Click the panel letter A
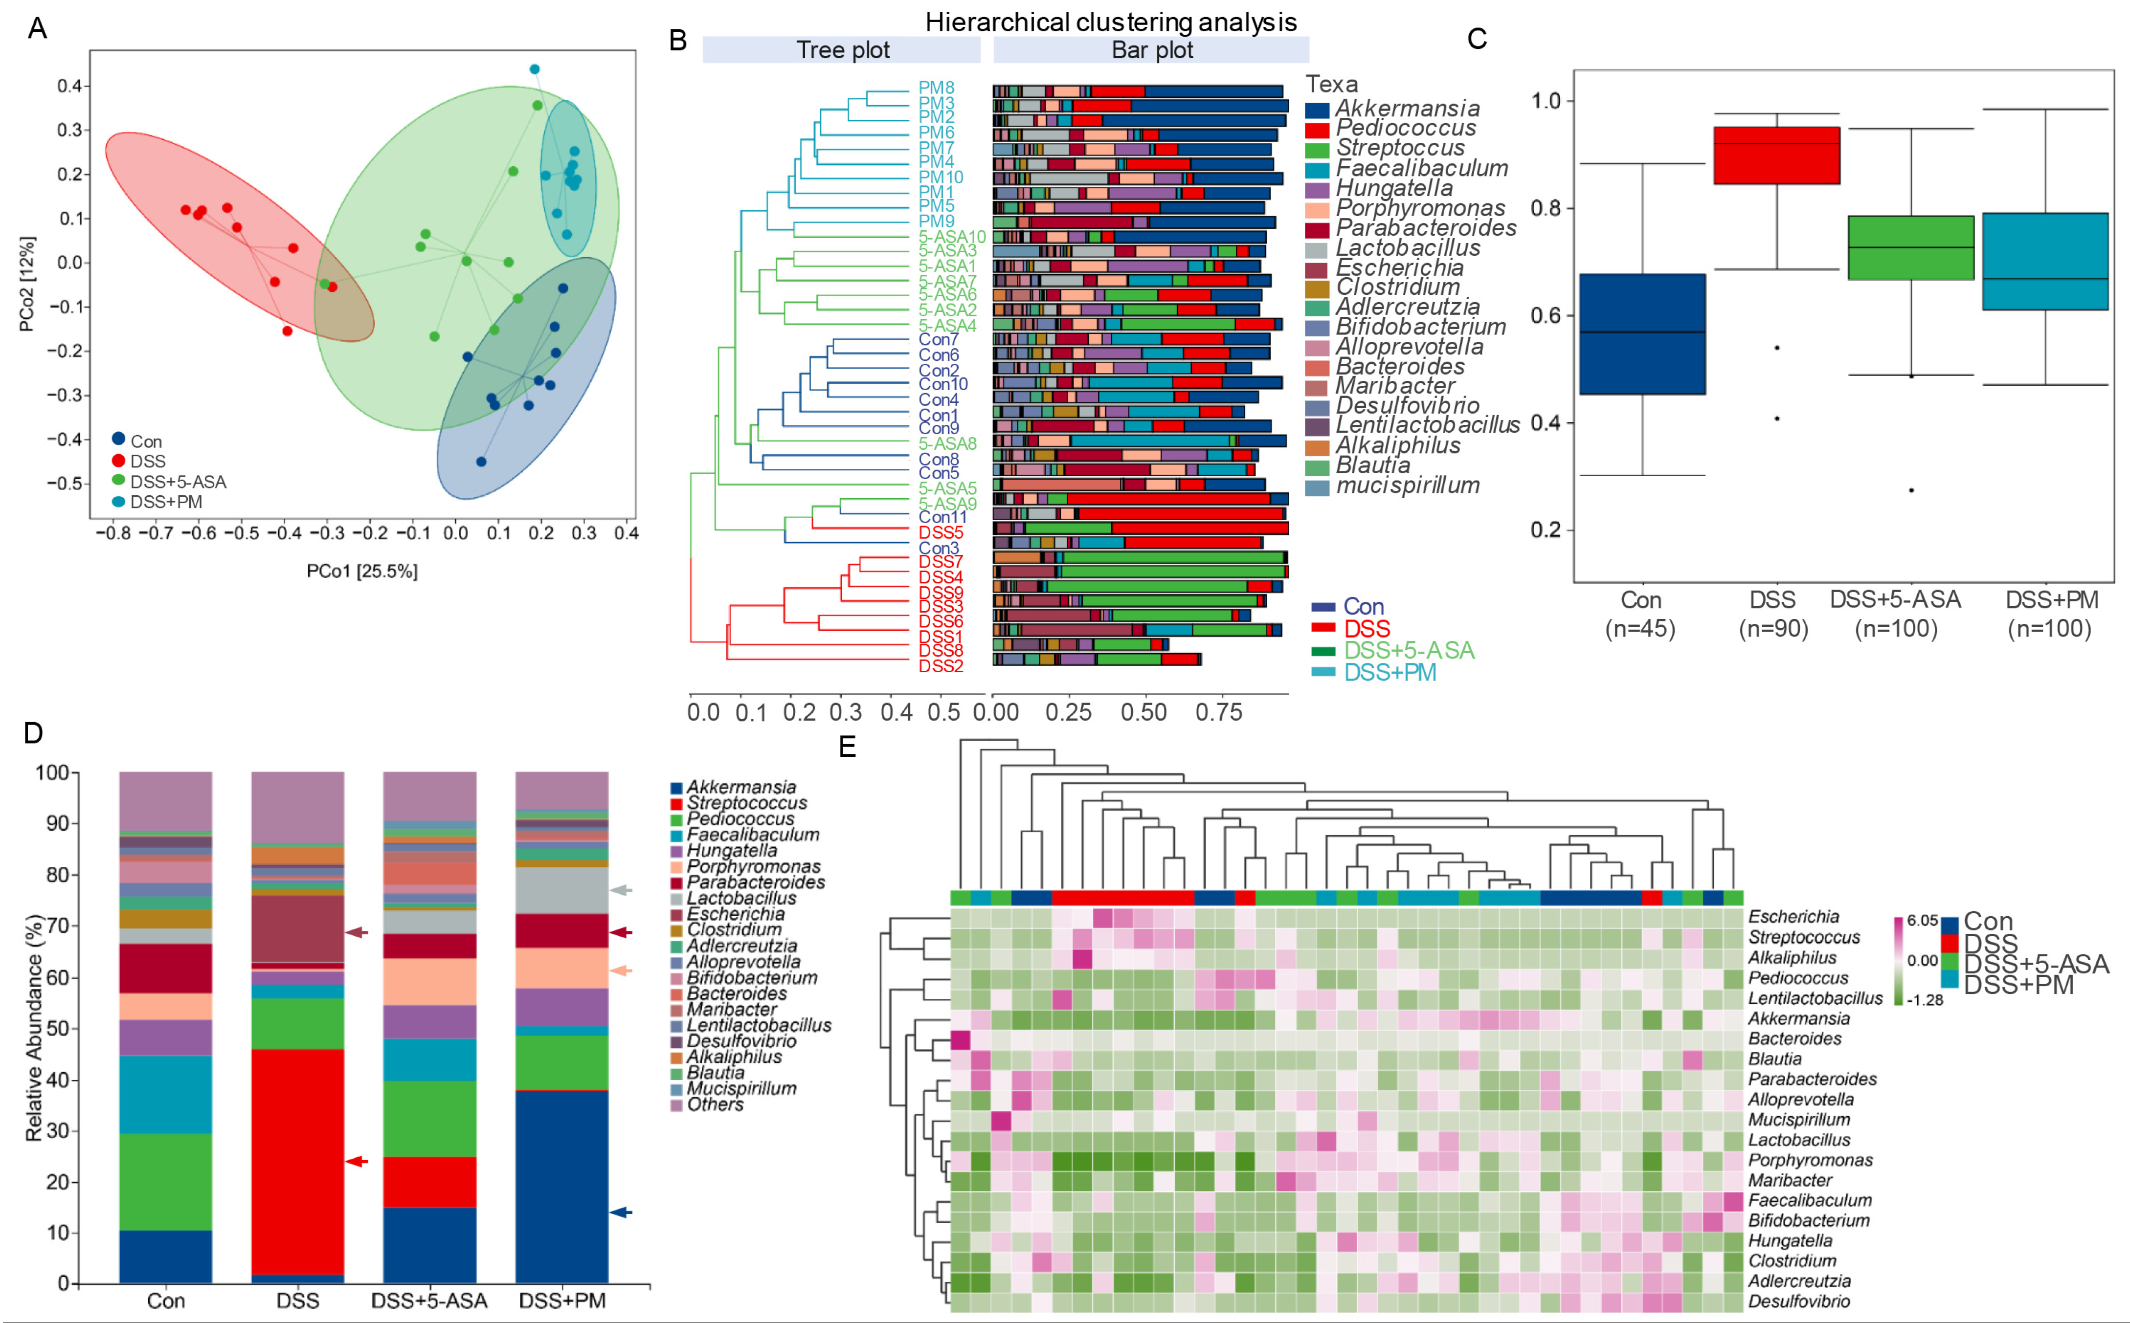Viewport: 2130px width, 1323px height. (x=37, y=29)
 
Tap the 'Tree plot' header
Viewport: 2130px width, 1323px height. (x=842, y=50)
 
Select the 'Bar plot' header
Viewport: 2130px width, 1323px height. (x=1152, y=50)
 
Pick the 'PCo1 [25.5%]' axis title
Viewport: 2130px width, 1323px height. (x=361, y=572)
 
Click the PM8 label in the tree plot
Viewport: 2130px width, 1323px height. (x=936, y=88)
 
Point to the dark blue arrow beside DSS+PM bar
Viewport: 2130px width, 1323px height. (x=621, y=1212)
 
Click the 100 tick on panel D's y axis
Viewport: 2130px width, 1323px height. (x=52, y=772)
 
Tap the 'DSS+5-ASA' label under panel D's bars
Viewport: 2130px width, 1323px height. (x=429, y=1300)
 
